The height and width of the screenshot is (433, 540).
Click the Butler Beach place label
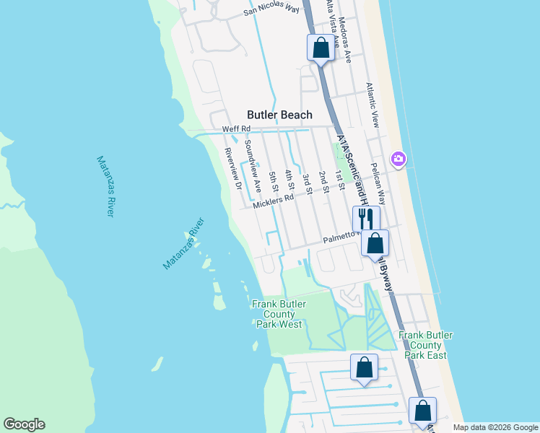(x=279, y=115)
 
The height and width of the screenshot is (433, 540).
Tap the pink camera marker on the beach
(x=398, y=159)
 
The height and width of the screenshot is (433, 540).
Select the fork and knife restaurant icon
(x=365, y=219)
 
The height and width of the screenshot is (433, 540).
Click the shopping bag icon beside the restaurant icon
(x=375, y=243)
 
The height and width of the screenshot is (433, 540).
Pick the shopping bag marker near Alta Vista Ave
(x=321, y=48)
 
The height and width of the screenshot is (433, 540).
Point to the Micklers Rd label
(x=274, y=201)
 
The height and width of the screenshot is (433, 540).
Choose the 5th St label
(x=273, y=181)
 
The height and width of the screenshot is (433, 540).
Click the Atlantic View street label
(x=371, y=105)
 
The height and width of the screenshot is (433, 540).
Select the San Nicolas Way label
(x=271, y=9)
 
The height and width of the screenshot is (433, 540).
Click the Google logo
(x=24, y=424)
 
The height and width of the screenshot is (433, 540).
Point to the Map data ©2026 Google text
(x=495, y=427)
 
